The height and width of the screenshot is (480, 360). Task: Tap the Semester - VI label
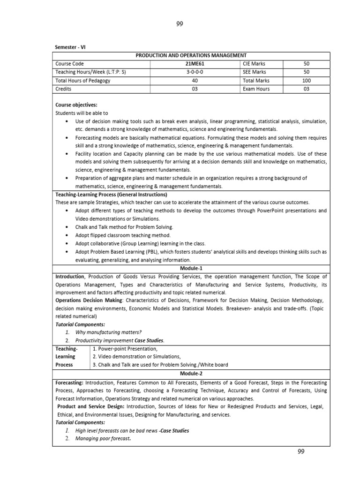71,48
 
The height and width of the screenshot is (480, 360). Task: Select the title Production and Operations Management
191,55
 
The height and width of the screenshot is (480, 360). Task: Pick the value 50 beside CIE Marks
307,63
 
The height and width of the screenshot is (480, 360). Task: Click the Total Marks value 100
307,81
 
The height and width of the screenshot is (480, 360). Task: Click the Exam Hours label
256,89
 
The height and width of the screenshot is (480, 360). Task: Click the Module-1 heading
191,268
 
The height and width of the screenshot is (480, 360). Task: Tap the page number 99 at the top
180,25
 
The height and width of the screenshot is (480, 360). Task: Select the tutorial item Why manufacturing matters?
108,332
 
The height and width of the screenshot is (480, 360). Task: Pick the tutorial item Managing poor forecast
103,439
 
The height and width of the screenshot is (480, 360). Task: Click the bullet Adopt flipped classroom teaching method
123,235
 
